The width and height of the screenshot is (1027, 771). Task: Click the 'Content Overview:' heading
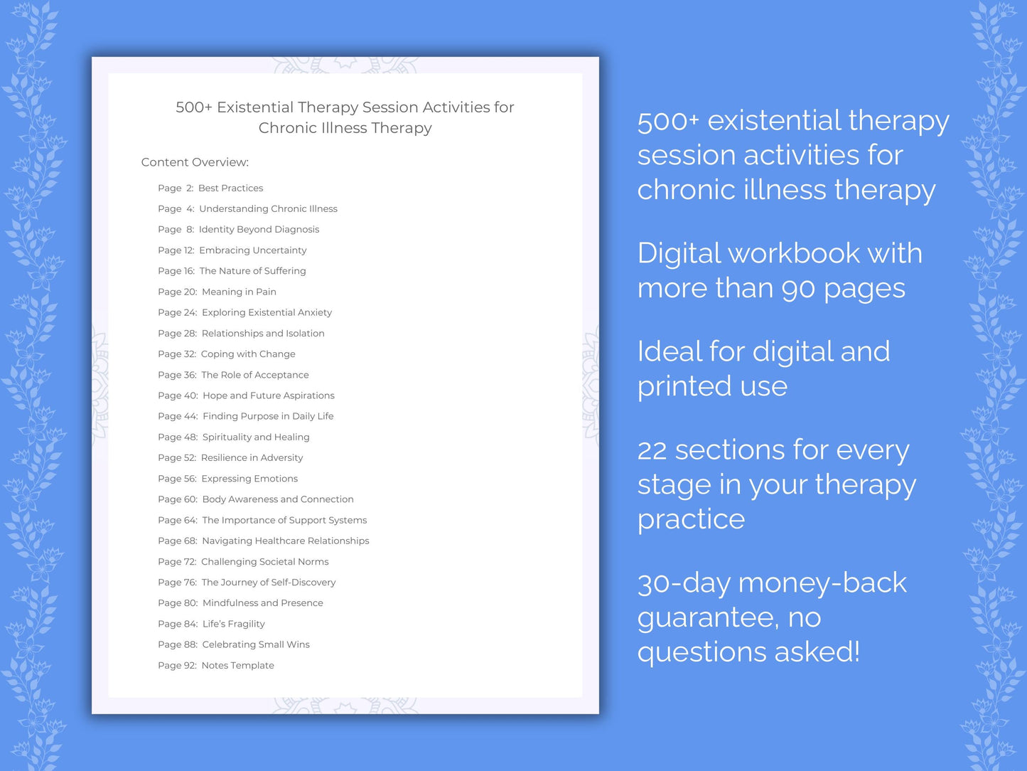tap(195, 162)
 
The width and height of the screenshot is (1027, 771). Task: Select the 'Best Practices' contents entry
tap(230, 188)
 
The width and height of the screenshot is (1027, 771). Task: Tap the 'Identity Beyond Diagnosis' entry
tap(259, 229)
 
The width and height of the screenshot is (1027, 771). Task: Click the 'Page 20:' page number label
tap(177, 292)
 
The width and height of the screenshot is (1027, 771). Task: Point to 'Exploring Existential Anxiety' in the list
tap(267, 312)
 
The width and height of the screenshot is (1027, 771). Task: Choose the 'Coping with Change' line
tap(248, 353)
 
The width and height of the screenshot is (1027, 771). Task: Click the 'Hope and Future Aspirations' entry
tap(268, 395)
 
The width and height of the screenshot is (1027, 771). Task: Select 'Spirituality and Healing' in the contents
tap(256, 437)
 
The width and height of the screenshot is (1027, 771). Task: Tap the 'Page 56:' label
tap(177, 479)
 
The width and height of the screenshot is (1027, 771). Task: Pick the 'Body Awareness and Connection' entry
tap(278, 499)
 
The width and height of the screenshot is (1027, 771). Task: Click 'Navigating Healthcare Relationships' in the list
tap(286, 541)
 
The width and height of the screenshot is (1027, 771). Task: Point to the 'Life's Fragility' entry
tap(233, 624)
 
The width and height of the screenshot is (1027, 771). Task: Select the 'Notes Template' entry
tap(237, 665)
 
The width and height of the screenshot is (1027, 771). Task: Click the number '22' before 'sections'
tap(652, 450)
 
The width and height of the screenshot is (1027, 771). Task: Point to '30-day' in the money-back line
tap(683, 583)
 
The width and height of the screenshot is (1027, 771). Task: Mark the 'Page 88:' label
tap(177, 644)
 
